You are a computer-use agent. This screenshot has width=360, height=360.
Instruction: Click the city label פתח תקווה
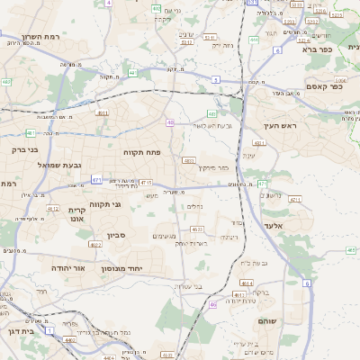(x=142, y=152)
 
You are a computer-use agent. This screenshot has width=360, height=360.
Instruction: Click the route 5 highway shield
(x=216, y=80)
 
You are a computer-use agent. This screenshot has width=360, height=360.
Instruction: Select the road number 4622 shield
(x=95, y=244)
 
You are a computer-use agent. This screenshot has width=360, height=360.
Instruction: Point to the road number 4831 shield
(x=259, y=142)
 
